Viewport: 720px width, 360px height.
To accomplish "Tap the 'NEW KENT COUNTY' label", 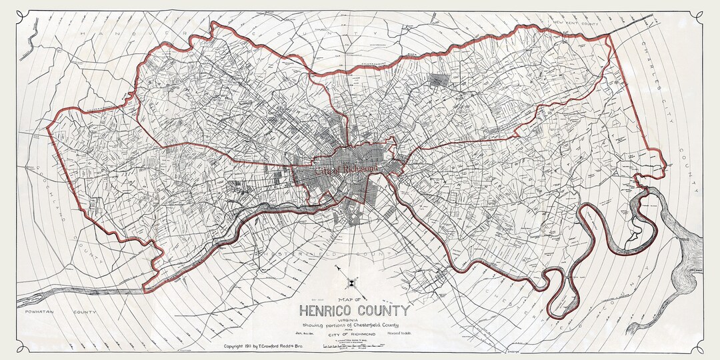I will pos(575,24).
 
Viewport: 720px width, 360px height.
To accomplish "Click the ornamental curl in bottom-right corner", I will pos(699,347).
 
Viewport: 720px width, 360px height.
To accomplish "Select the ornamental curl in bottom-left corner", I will pos(21,347).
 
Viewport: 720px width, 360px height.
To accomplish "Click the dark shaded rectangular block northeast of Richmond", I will pos(439,81).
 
